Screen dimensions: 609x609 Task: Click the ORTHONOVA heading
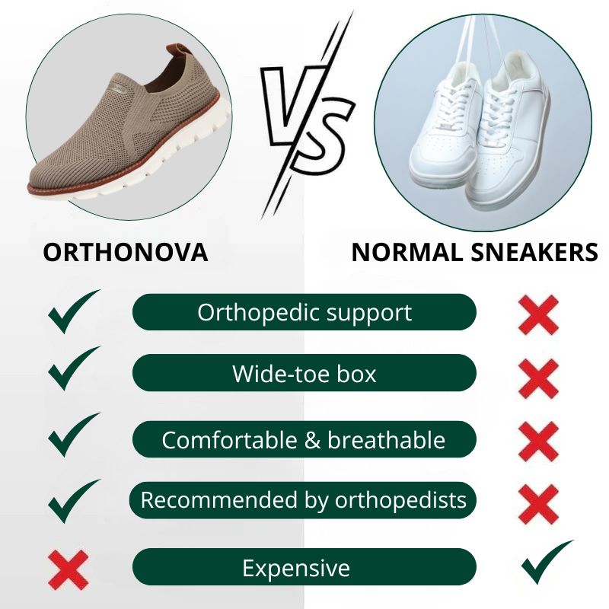pyautogui.click(x=126, y=253)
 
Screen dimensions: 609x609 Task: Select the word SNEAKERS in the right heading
pyautogui.click(x=534, y=253)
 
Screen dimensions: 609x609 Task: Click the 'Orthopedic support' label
pyautogui.click(x=304, y=313)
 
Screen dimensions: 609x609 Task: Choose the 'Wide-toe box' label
pyautogui.click(x=304, y=373)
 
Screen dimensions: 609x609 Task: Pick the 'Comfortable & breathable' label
pyautogui.click(x=304, y=440)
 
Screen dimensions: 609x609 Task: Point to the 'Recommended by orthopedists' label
pyautogui.click(x=303, y=500)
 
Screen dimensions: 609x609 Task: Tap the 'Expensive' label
pyautogui.click(x=296, y=569)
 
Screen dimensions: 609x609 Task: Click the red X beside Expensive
pyautogui.click(x=69, y=569)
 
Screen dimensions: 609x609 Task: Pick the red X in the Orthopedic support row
pyautogui.click(x=539, y=315)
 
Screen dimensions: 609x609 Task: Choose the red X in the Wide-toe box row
pyautogui.click(x=539, y=379)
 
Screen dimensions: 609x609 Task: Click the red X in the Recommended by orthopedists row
pyautogui.click(x=539, y=504)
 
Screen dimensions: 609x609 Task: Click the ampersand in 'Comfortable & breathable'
pyautogui.click(x=312, y=440)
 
